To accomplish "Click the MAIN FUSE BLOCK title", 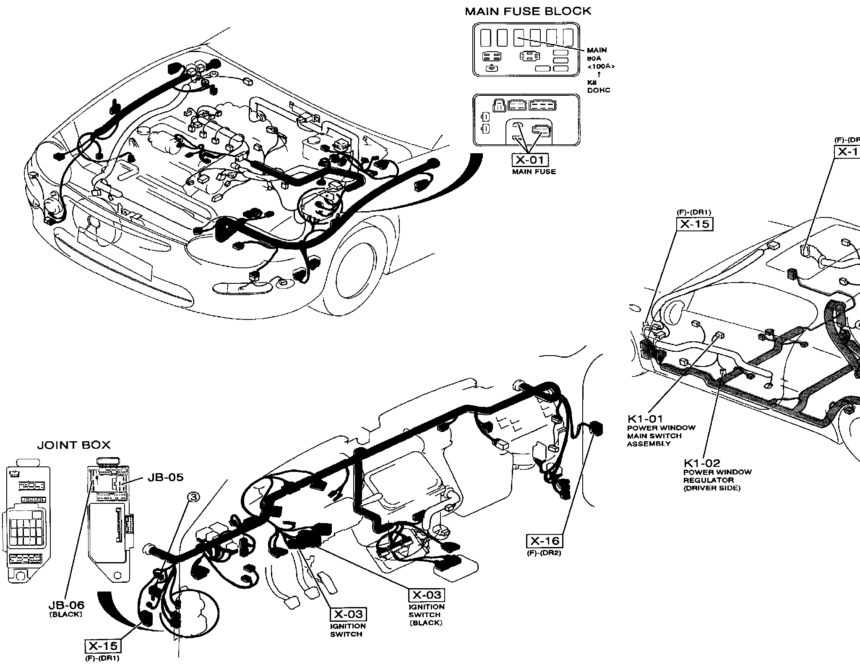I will [528, 11].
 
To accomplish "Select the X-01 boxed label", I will [530, 160].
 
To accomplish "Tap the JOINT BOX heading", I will [74, 445].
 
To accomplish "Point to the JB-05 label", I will [165, 477].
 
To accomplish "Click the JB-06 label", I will [66, 605].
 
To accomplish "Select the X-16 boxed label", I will [544, 541].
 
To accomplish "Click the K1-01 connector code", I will [645, 419].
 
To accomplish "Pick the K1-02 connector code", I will [702, 463].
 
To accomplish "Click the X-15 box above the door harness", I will [695, 224].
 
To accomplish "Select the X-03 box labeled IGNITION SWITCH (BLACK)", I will [427, 595].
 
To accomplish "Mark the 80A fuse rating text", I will [594, 59].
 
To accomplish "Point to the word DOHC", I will [599, 90].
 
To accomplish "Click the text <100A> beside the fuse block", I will [601, 66].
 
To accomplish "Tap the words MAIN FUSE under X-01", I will [534, 171].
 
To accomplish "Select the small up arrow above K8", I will [599, 74].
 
